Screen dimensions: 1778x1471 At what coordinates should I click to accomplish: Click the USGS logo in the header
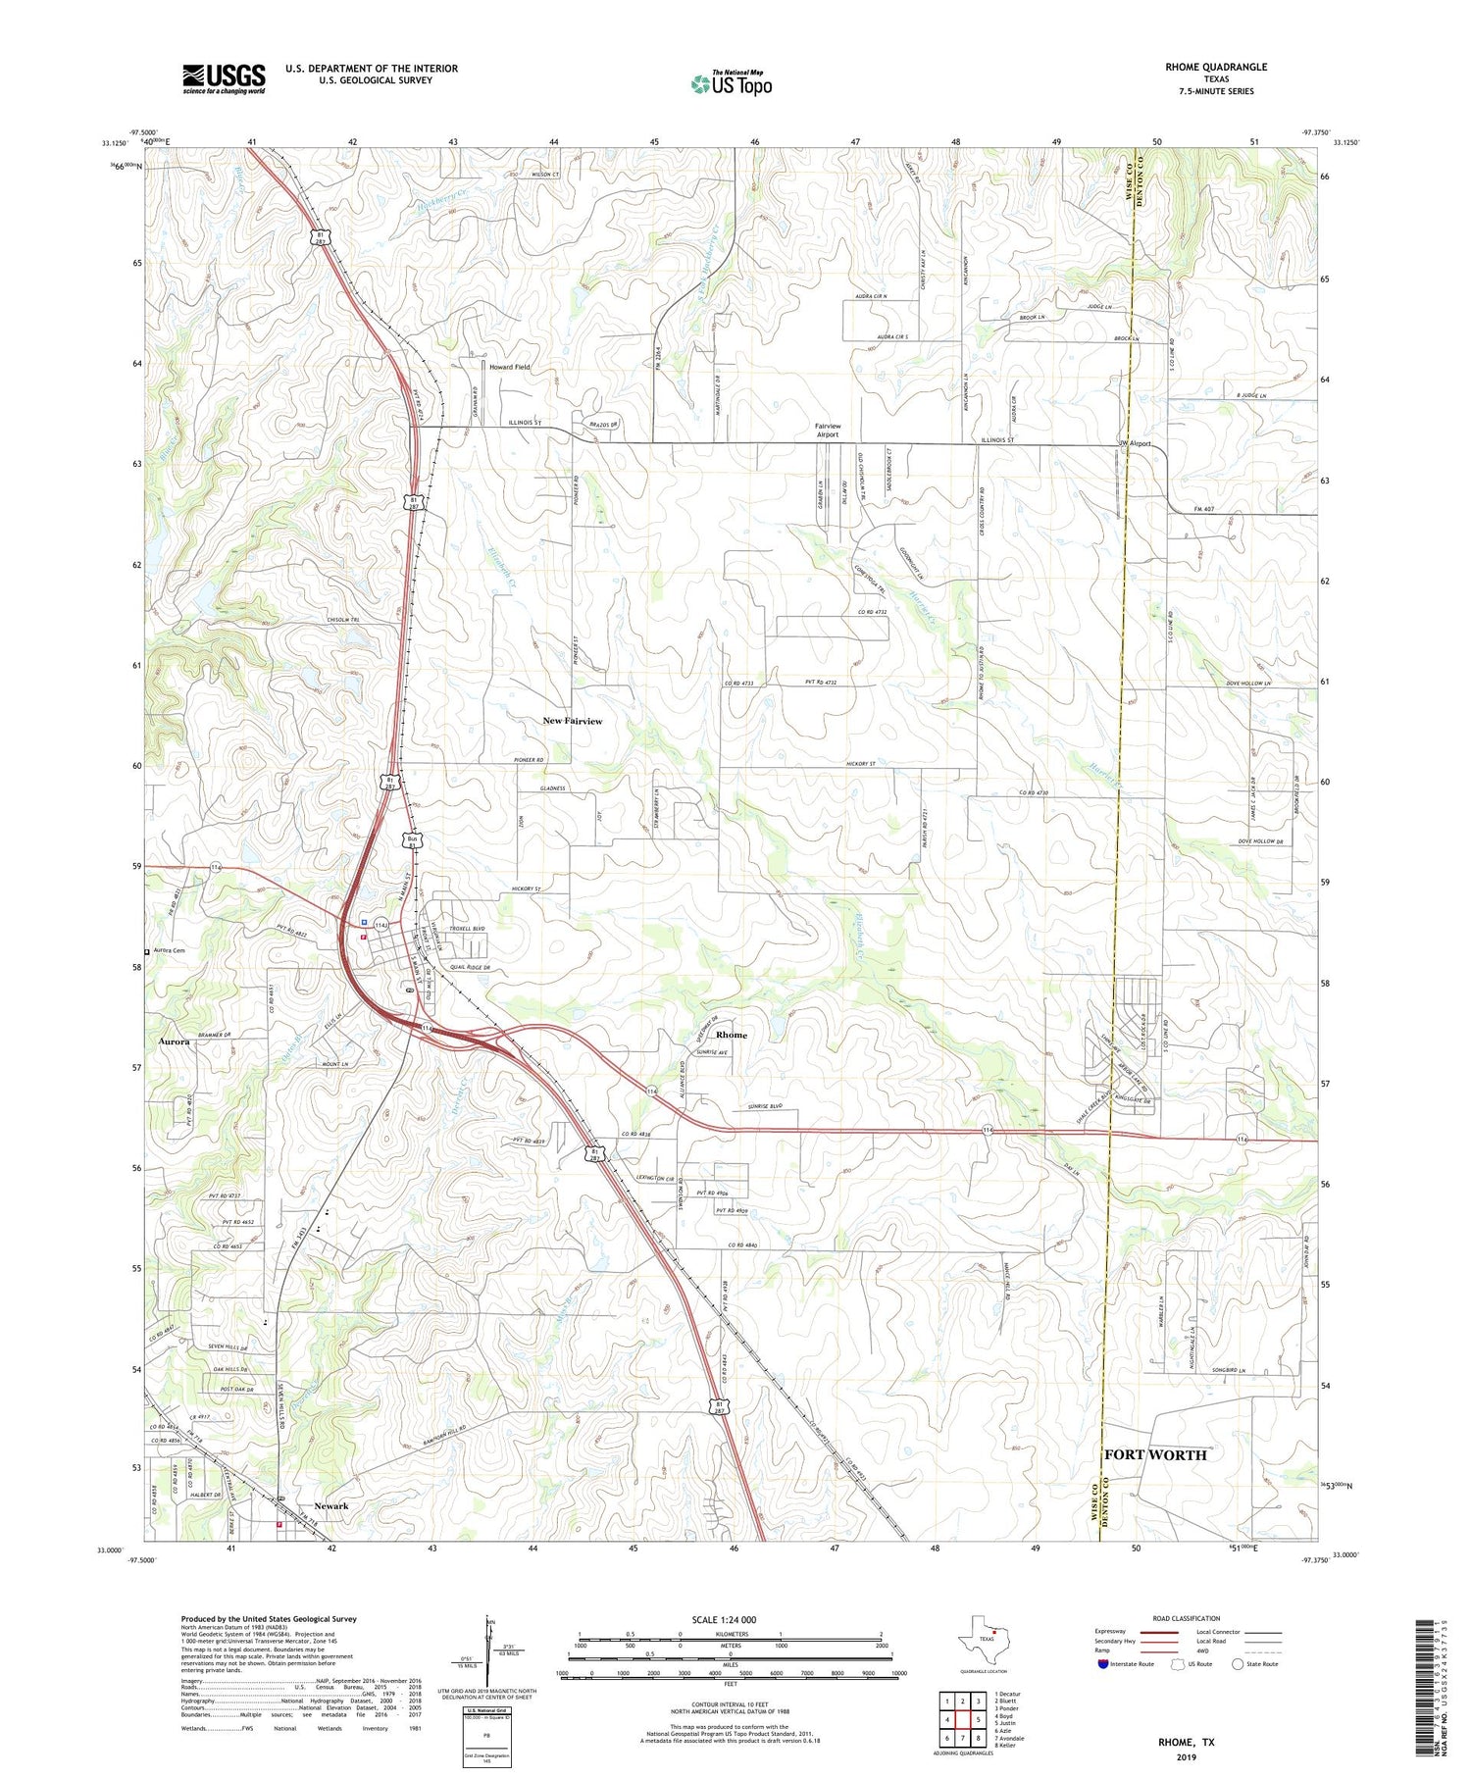pos(224,78)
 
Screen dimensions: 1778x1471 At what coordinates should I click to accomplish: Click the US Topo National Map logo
pos(731,82)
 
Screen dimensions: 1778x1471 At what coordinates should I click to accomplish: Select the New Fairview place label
pos(573,721)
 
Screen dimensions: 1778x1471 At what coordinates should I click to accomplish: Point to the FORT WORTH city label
pos(1155,1454)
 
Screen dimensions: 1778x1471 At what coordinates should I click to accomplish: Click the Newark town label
pos(330,1505)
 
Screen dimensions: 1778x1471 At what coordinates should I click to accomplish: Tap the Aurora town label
pos(175,1041)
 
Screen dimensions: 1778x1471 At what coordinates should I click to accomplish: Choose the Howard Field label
pos(509,367)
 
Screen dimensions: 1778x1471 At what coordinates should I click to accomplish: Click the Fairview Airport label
pos(828,431)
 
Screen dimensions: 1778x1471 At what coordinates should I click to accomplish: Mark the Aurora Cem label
pos(168,950)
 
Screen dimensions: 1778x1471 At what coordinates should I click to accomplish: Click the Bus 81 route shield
pos(414,840)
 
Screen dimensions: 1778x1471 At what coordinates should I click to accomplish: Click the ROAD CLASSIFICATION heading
pos(1187,1618)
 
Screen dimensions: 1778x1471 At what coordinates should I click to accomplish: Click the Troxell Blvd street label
pos(467,928)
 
